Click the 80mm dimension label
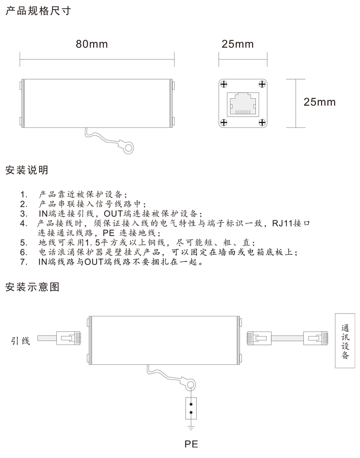tap(92, 44)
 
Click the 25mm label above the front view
tap(238, 44)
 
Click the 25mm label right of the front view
tap(319, 102)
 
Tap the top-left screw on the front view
tap(224, 84)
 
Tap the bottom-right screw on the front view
tap(262, 122)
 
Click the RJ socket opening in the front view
tap(243, 104)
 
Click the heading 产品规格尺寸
tap(38, 11)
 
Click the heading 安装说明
tap(26, 170)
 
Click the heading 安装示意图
tap(32, 287)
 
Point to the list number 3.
tap(24, 214)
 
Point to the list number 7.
tap(24, 262)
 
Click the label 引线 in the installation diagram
tap(21, 341)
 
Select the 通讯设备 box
tap(345, 340)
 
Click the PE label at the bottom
tap(191, 444)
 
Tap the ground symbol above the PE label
tap(191, 428)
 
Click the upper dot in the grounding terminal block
tap(191, 404)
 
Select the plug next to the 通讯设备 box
tap(316, 338)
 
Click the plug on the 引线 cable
tap(68, 338)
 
